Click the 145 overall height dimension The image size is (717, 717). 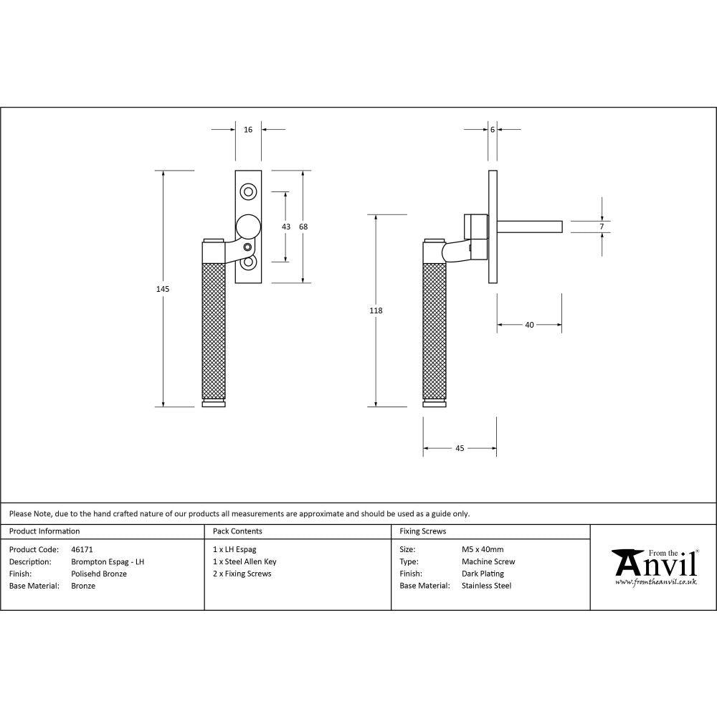pos(163,289)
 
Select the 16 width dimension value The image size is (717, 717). pos(248,130)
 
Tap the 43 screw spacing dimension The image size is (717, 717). pos(286,227)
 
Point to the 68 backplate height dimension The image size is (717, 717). pos(303,227)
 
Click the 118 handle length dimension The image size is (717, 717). pos(376,311)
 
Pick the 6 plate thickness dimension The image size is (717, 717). pos(493,130)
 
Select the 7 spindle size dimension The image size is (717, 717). pos(602,227)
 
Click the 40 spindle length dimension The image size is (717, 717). pos(529,325)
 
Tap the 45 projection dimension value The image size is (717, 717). pos(460,449)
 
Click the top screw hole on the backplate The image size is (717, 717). pos(249,191)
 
